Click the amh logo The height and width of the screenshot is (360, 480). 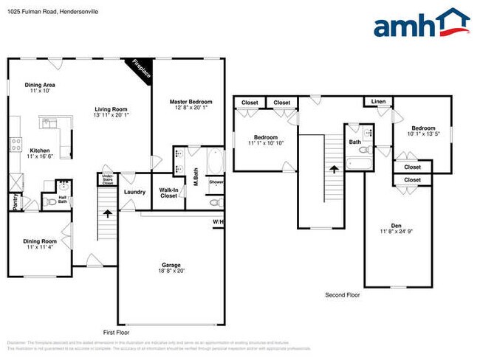(422, 24)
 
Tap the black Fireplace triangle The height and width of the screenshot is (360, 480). (140, 69)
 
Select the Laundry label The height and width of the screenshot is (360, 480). (135, 193)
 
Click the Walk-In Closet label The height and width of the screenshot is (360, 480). (168, 193)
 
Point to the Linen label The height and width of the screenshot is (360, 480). (378, 102)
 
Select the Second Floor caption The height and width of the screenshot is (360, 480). (343, 295)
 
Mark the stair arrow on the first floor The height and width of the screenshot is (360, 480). (109, 215)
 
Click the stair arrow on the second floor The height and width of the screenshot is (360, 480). (334, 168)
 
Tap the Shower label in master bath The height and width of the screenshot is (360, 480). (216, 181)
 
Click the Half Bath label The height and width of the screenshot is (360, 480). (62, 199)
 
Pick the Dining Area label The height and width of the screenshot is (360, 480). (41, 88)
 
